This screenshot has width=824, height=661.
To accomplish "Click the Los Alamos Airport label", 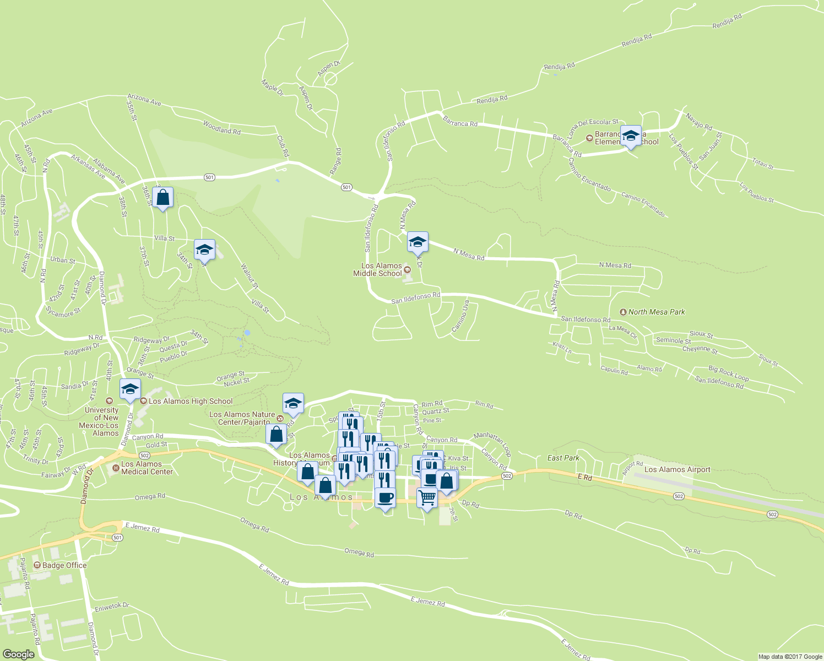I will (x=677, y=470).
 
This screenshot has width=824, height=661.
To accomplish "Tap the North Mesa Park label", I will (x=656, y=312).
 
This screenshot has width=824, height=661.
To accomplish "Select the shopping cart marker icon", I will (x=427, y=498).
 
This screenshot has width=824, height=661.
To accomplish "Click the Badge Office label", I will (x=64, y=565).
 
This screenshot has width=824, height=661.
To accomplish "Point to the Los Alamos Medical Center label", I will (x=147, y=468).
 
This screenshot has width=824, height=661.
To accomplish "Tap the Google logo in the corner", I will (x=18, y=654).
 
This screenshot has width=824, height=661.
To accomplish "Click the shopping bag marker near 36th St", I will (x=163, y=197).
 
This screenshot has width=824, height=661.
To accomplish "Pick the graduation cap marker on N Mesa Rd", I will (x=418, y=242).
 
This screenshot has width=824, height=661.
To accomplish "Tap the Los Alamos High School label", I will (x=190, y=401).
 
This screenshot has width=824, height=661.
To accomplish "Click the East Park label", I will (x=563, y=458).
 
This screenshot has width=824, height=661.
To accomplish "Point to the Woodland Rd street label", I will (x=221, y=128).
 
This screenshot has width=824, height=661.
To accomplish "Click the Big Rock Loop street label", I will (x=728, y=373).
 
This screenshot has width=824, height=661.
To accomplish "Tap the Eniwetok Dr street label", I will (x=112, y=607).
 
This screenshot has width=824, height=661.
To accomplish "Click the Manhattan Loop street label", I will (x=492, y=443).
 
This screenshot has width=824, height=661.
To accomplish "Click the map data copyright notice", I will (x=790, y=657).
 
